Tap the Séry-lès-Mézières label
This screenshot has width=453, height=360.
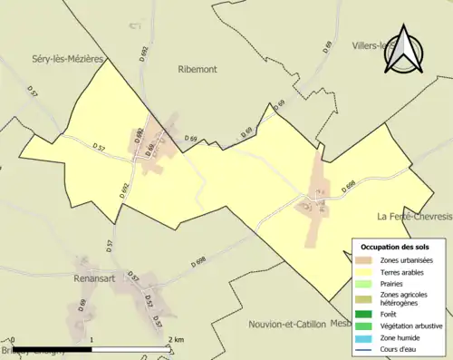click(x=56, y=57)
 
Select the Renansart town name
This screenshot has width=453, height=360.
click(x=96, y=279)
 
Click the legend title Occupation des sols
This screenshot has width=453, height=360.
click(x=396, y=246)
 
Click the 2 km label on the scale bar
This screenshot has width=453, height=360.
click(x=178, y=339)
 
